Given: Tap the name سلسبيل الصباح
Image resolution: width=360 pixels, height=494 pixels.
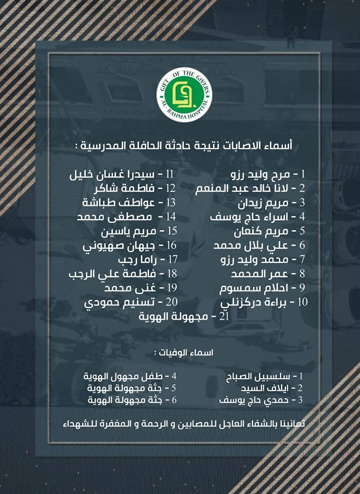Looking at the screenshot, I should [258, 377].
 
